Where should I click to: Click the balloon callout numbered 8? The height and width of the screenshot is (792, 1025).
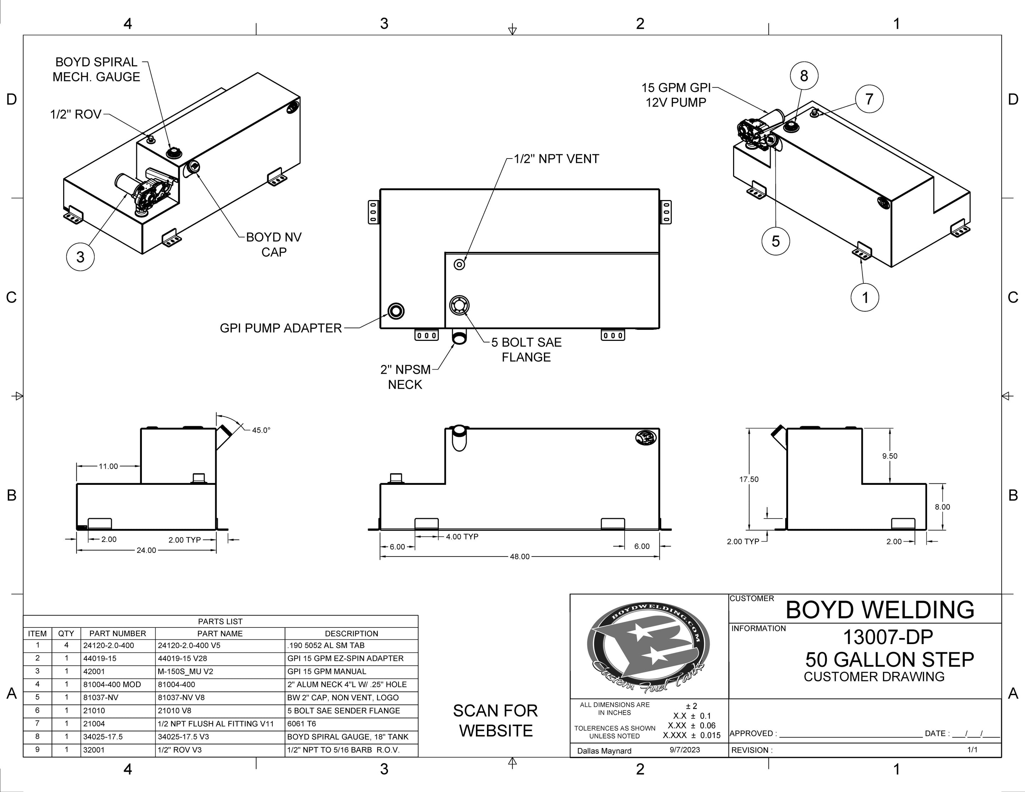point(803,76)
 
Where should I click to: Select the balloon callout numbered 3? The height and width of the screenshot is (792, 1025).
point(80,257)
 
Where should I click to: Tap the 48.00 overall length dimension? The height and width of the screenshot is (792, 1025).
point(519,556)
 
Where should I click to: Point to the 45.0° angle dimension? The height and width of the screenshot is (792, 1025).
point(261,430)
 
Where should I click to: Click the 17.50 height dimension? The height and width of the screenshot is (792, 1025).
point(749,479)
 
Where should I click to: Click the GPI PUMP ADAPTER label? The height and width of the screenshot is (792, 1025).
point(281,328)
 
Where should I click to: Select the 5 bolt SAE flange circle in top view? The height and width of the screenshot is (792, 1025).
point(459,306)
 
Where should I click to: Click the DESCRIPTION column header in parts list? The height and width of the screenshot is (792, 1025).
point(351,633)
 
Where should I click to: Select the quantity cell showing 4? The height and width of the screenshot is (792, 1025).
point(66,646)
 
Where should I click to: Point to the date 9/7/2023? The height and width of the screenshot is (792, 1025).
point(685,750)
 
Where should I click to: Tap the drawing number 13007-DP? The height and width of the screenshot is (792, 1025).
point(887,637)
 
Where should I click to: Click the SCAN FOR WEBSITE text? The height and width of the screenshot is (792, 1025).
point(495,721)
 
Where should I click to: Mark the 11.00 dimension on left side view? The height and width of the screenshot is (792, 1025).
point(108,466)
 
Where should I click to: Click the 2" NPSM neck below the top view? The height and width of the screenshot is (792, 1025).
point(459,337)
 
